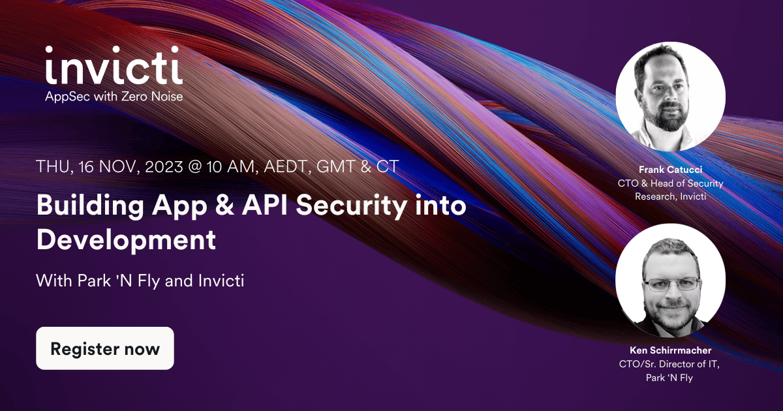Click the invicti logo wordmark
(114, 65)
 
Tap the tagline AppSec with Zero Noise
(114, 96)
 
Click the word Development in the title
(126, 239)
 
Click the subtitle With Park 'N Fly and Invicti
(140, 282)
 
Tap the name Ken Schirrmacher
(670, 351)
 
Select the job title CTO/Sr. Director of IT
(670, 364)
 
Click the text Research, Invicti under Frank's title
(670, 196)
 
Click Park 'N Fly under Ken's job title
(670, 377)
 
